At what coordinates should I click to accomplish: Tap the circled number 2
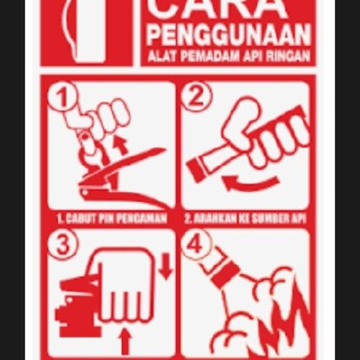[x=195, y=96]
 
